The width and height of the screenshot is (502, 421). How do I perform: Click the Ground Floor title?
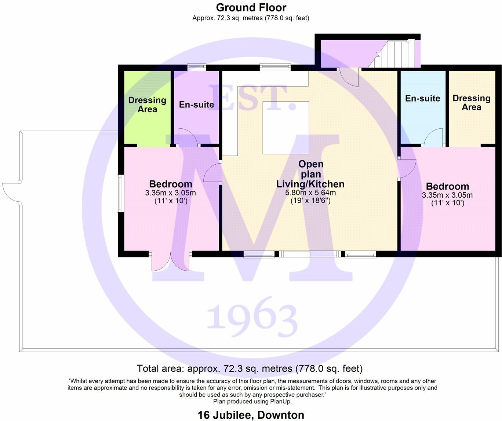251,8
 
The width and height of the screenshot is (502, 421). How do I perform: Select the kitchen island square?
286,128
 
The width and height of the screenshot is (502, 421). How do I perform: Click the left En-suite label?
196,105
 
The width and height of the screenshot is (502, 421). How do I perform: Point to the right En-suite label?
422,98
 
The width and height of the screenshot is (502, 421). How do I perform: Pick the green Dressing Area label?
147,105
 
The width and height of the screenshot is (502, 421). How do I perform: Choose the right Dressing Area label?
471,103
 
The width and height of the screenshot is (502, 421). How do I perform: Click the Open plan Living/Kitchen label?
310,174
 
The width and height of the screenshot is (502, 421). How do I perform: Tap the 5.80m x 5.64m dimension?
310,193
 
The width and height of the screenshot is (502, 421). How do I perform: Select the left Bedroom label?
171,184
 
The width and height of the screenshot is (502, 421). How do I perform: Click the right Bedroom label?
447,186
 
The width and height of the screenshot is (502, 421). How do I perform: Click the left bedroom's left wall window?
119,193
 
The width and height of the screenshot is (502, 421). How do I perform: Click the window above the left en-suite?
196,67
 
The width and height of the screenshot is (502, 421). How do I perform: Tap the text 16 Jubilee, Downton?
251,415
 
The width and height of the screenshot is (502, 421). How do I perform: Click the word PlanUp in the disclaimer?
281,402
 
